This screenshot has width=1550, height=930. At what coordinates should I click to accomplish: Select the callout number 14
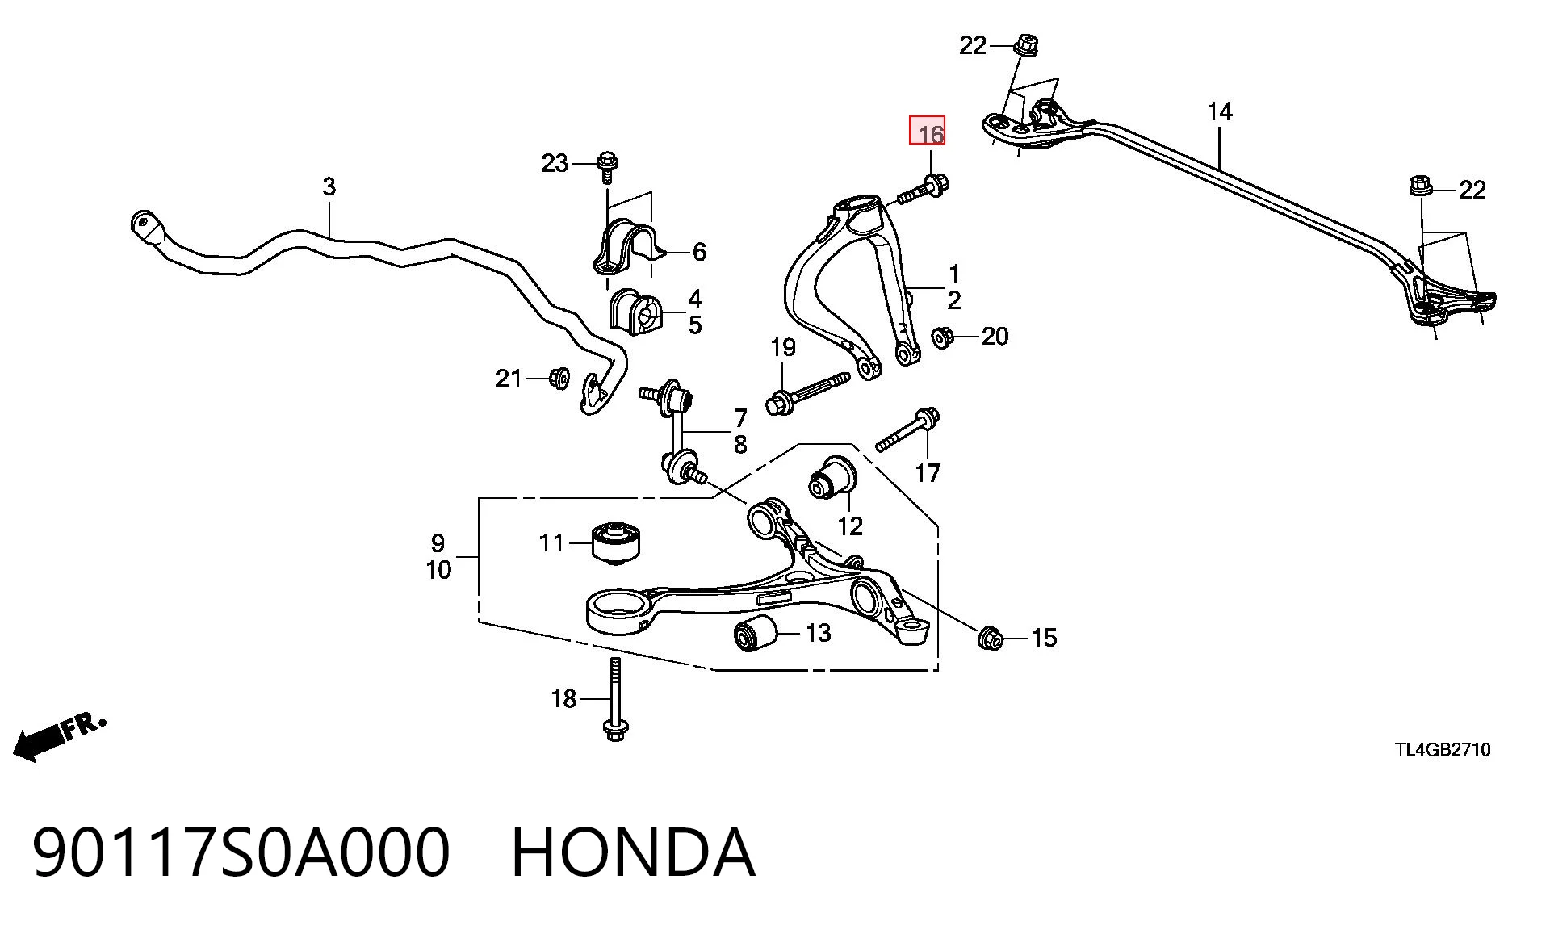tap(1220, 111)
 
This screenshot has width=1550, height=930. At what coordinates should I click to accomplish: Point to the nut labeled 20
tap(941, 337)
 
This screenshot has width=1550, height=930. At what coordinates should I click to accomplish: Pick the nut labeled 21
tap(558, 378)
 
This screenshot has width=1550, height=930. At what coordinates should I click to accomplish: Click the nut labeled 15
tap(990, 639)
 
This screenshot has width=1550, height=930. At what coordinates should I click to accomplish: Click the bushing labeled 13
tap(754, 635)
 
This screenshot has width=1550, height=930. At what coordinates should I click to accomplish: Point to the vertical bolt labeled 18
tap(614, 698)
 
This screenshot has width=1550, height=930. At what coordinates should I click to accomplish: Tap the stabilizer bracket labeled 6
tap(627, 242)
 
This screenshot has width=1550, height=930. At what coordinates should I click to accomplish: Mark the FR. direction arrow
tap(58, 737)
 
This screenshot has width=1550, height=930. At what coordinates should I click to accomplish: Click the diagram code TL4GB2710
tap(1443, 750)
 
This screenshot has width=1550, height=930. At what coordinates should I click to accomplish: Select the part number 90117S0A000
tap(241, 852)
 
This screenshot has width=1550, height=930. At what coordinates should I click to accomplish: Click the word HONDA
tap(633, 852)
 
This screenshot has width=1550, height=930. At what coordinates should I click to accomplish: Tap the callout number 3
tap(329, 186)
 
